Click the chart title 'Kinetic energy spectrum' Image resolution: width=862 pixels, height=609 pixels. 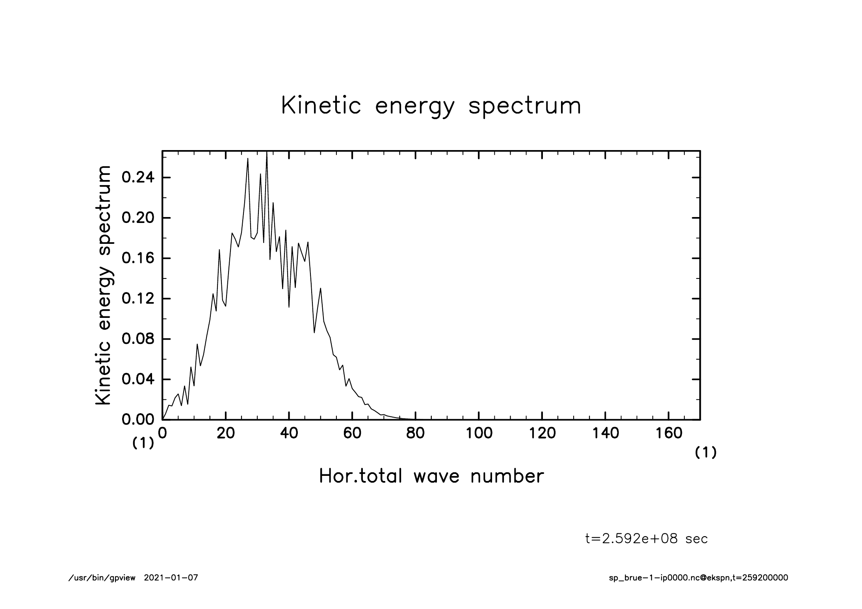pyautogui.click(x=431, y=106)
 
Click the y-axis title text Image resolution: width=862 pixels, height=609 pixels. pyautogui.click(x=103, y=285)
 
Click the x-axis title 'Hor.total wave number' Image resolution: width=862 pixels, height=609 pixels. pyautogui.click(x=431, y=476)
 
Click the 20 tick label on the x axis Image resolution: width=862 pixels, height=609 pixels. pyautogui.click(x=226, y=433)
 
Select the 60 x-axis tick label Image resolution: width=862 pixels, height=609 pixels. pyautogui.click(x=352, y=433)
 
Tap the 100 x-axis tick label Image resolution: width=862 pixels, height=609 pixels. pyautogui.click(x=479, y=433)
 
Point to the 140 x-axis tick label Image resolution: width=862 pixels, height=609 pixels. pyautogui.click(x=606, y=433)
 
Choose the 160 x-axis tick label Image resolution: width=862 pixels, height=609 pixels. pyautogui.click(x=669, y=433)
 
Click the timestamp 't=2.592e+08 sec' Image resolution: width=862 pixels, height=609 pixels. pyautogui.click(x=646, y=539)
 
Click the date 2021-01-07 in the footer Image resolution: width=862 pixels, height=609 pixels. pyautogui.click(x=171, y=578)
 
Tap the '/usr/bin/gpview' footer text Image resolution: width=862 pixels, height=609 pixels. pyautogui.click(x=102, y=578)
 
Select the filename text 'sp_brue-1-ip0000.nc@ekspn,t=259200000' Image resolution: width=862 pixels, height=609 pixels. pyautogui.click(x=699, y=578)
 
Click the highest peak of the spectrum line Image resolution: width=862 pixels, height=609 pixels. pyautogui.click(x=267, y=154)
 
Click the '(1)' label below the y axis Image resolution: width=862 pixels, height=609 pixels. pyautogui.click(x=143, y=444)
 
